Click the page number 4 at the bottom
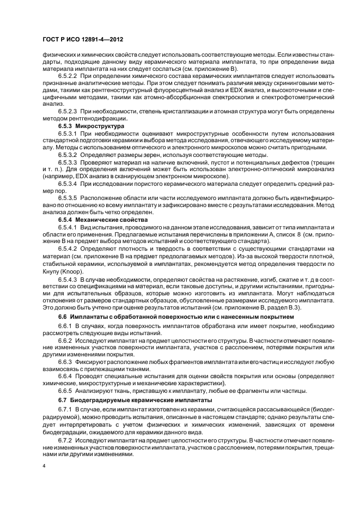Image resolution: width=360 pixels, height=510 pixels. point(44,466)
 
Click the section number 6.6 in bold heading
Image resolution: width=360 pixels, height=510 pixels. point(64,317)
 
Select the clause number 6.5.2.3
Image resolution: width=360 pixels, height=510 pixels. point(68,111)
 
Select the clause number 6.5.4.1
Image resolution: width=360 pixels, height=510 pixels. point(68,226)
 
